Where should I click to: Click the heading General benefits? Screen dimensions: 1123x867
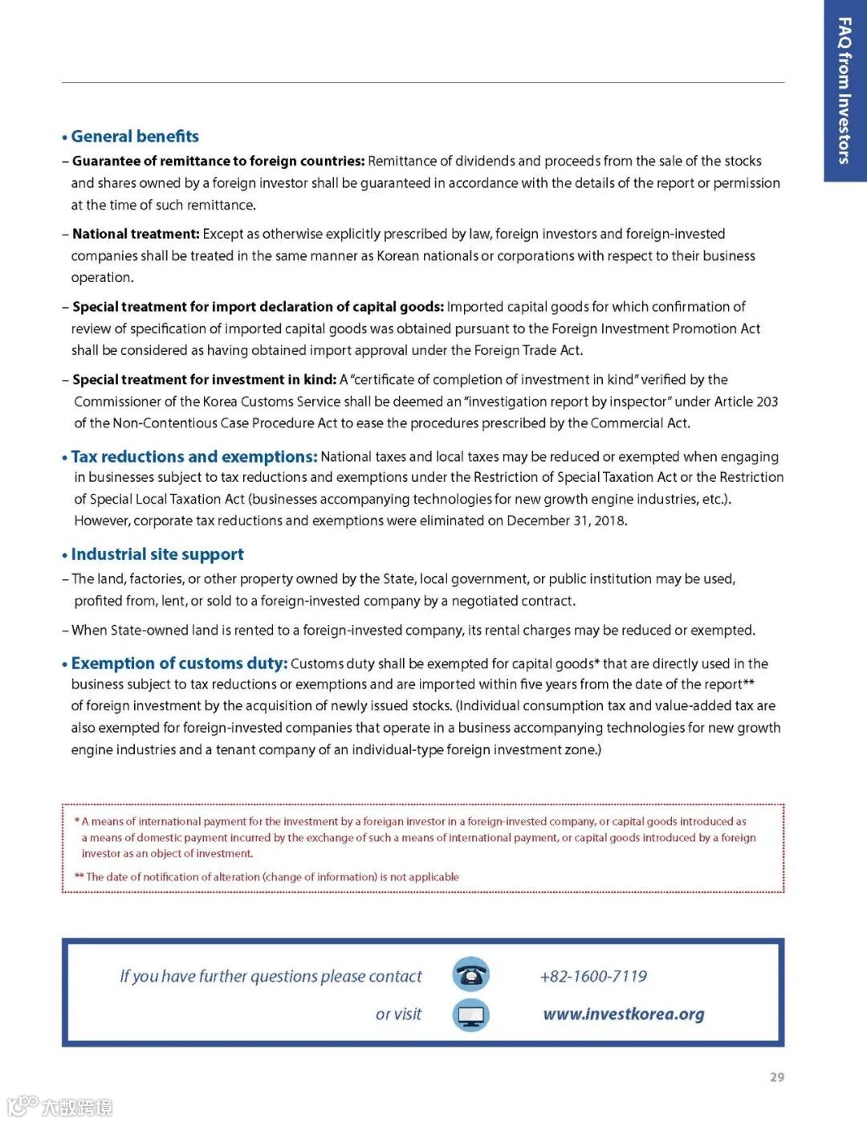[135, 137]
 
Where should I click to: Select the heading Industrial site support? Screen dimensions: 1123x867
[157, 554]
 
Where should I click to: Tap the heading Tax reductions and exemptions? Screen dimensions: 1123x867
[193, 457]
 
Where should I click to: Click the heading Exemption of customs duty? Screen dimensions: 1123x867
[179, 664]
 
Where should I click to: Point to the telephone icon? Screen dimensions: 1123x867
[470, 975]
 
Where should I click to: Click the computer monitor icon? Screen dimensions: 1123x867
[470, 1015]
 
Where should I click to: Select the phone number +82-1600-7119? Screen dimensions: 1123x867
[593, 977]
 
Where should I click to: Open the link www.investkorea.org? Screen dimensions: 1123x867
[624, 1015]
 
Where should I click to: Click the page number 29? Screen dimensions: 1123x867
[776, 1077]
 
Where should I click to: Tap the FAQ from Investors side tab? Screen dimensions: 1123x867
[845, 90]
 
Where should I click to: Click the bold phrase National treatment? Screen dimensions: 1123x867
[136, 234]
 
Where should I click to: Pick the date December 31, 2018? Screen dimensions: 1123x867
[566, 521]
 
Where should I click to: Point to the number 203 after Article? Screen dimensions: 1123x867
[767, 402]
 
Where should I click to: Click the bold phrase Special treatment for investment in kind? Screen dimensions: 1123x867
[204, 380]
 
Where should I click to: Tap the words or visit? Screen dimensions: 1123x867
[398, 1015]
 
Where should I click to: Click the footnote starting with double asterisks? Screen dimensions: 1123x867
[267, 877]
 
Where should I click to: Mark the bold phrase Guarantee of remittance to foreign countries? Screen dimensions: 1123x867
[218, 161]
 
